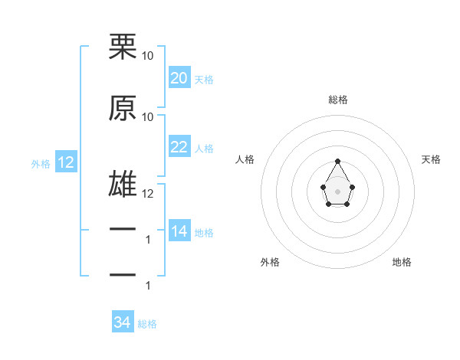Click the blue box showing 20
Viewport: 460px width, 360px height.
179,78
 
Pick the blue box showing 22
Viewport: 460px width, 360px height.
179,148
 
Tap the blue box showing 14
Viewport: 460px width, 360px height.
179,232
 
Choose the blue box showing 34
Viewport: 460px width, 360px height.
122,323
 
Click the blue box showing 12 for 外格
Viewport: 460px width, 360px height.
65,162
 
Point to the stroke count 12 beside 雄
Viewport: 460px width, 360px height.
148,194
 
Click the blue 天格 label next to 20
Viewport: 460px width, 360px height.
204,80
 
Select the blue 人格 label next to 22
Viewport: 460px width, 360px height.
204,149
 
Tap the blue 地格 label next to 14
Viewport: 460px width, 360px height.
204,233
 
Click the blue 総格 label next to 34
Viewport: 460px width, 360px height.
147,324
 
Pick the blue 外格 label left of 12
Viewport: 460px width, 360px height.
41,163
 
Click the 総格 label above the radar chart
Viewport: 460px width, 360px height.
337,100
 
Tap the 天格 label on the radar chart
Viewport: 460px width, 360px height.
431,159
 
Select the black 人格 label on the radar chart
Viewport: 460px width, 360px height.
245,159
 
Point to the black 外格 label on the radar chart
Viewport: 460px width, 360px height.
270,262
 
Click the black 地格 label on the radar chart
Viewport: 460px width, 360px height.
402,262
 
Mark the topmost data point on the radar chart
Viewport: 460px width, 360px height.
337,161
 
